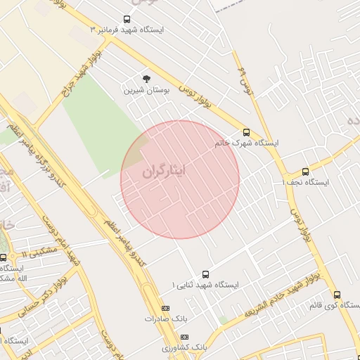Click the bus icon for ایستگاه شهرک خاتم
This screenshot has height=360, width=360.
pyautogui.click(x=245, y=131)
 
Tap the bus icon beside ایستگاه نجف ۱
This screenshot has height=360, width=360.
pyautogui.click(x=305, y=171)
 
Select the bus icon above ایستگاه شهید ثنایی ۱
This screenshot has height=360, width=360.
pyautogui.click(x=205, y=274)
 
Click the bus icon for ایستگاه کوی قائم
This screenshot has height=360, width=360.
pyautogui.click(x=337, y=295)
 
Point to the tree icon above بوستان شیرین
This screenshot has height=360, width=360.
pyautogui.click(x=146, y=79)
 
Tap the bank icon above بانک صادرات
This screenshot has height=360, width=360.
pyautogui.click(x=165, y=308)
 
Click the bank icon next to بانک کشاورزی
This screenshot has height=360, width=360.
pyautogui.click(x=184, y=337)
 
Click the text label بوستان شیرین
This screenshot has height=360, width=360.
pyautogui.click(x=143, y=91)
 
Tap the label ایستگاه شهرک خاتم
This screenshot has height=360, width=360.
pyautogui.click(x=247, y=143)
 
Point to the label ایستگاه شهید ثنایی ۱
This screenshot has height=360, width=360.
pyautogui.click(x=206, y=285)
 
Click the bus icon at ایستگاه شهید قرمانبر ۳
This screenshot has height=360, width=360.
pyautogui.click(x=127, y=19)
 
